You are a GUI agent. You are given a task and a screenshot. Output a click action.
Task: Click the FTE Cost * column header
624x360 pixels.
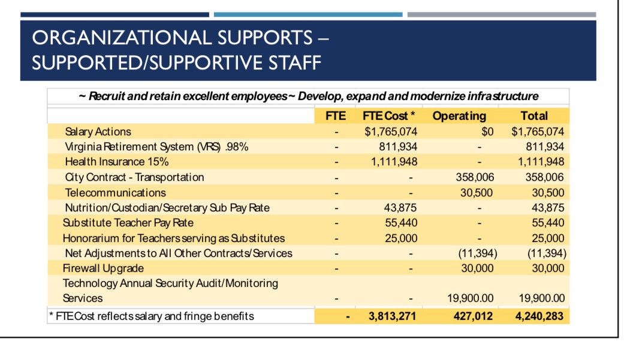[x=386, y=116]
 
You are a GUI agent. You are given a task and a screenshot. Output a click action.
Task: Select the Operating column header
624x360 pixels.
[x=459, y=116]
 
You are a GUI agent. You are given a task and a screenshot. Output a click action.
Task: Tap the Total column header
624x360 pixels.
[x=533, y=116]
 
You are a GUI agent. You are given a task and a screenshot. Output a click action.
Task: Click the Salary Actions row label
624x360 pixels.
[x=98, y=132]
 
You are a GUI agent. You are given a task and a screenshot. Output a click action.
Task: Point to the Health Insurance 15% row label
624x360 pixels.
[x=117, y=162]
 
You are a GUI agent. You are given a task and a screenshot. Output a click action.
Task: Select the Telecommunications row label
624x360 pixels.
[x=115, y=192]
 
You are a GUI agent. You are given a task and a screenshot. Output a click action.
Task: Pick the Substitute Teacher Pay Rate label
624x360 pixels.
[x=128, y=223]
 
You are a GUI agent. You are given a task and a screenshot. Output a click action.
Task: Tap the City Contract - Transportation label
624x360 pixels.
[x=134, y=177]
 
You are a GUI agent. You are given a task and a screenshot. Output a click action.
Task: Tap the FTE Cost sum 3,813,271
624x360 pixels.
[x=392, y=316]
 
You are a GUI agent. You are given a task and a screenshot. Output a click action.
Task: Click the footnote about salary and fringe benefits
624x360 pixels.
[x=152, y=316]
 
